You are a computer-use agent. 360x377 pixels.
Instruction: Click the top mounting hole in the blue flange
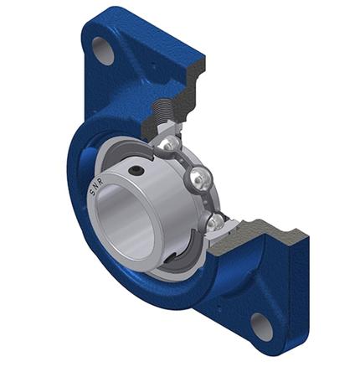pyautogui.click(x=103, y=50)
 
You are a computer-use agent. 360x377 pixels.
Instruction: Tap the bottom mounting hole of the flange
pyautogui.click(x=262, y=326)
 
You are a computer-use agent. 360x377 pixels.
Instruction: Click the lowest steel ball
pyautogui.click(x=216, y=222)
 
